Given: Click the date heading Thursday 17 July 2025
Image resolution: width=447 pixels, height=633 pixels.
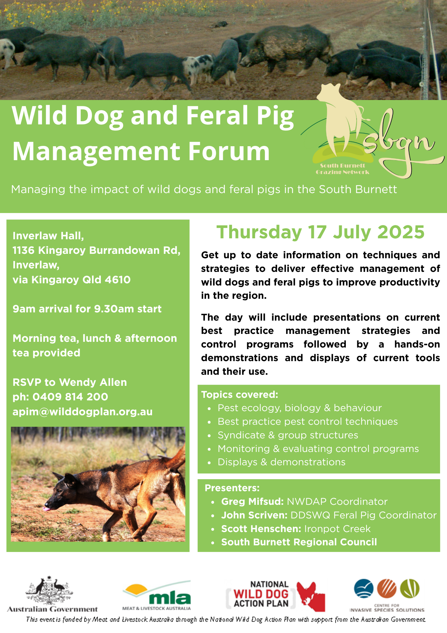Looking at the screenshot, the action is coord(320,232).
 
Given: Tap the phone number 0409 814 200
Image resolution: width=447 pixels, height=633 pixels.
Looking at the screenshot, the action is coord(70,397).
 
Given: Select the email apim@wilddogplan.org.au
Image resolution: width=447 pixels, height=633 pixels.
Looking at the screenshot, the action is coord(83,412).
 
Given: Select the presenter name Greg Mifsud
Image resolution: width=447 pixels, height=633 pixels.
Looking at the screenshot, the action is coord(252,502).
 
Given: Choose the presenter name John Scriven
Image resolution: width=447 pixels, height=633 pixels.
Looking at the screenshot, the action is coord(254,515).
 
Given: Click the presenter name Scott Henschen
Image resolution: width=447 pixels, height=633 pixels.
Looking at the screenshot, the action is coord(261,529).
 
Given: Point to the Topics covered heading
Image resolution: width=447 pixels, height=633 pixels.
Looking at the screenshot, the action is coord(240,395).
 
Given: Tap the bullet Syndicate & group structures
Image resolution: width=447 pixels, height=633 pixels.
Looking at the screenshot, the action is coord(288,435).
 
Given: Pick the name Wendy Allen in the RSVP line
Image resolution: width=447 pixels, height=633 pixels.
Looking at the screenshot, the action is coord(93,382).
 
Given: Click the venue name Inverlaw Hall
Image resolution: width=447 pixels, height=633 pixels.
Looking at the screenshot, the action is coord(48,236).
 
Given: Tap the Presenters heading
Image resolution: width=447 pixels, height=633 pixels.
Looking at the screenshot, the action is coord(232,488).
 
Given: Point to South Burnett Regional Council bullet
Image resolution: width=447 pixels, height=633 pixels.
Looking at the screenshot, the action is coord(299,542).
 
